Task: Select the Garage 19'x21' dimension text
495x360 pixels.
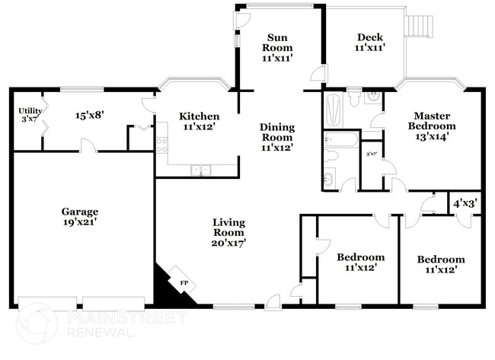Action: [x=81, y=222]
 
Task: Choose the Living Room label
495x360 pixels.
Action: [x=229, y=231]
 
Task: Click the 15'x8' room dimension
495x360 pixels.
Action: [x=89, y=116]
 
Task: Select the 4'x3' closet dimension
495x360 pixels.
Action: [x=465, y=203]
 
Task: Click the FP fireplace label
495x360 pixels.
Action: [x=184, y=283]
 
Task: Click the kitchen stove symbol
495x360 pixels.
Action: [x=161, y=145]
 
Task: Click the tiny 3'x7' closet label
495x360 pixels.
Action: [x=372, y=154]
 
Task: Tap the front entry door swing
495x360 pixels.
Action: [x=272, y=302]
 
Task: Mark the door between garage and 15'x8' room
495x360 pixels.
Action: [x=88, y=145]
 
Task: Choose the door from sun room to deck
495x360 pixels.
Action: [x=319, y=75]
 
